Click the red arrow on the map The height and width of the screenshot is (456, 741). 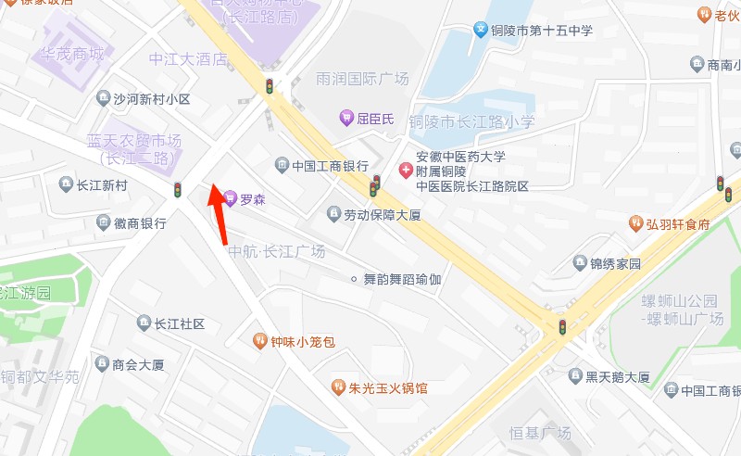(218, 213)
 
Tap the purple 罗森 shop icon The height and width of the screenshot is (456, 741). (231, 198)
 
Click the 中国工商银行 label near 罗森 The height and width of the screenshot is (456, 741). (330, 167)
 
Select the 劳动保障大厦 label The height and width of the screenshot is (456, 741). (383, 215)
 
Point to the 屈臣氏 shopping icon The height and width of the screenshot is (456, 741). (346, 118)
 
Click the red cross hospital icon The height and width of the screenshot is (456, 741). (406, 171)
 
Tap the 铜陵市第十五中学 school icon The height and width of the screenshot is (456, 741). (482, 31)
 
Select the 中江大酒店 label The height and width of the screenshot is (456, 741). (188, 59)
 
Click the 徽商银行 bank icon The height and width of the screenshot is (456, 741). (104, 222)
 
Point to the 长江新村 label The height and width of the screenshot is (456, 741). (102, 185)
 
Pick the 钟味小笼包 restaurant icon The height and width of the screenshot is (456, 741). (260, 342)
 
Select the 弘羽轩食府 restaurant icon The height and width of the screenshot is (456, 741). (636, 223)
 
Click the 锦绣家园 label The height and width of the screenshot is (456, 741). (615, 263)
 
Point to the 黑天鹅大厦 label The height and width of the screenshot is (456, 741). (617, 376)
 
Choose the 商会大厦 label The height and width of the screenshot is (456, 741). (138, 364)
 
